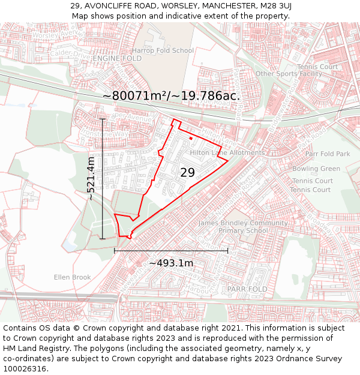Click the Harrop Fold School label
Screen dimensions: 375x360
(x=163, y=50)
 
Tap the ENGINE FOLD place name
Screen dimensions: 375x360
(x=118, y=59)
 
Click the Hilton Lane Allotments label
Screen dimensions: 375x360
(x=227, y=153)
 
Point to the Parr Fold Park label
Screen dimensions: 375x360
(x=327, y=154)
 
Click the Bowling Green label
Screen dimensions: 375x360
(x=316, y=169)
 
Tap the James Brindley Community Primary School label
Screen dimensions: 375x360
(x=243, y=227)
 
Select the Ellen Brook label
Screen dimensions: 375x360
(x=72, y=277)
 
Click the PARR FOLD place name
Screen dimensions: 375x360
(x=247, y=289)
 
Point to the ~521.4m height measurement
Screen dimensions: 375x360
(x=91, y=178)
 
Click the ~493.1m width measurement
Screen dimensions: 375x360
(x=171, y=263)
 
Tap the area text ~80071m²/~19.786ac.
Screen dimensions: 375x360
(x=171, y=96)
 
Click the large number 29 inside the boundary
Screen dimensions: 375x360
(x=187, y=173)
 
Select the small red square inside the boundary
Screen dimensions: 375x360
(x=191, y=139)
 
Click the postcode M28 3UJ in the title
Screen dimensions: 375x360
(x=275, y=6)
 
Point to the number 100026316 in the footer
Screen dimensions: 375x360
(x=24, y=368)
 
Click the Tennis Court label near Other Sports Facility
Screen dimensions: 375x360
(x=317, y=67)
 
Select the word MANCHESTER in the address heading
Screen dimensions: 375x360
(x=223, y=6)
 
